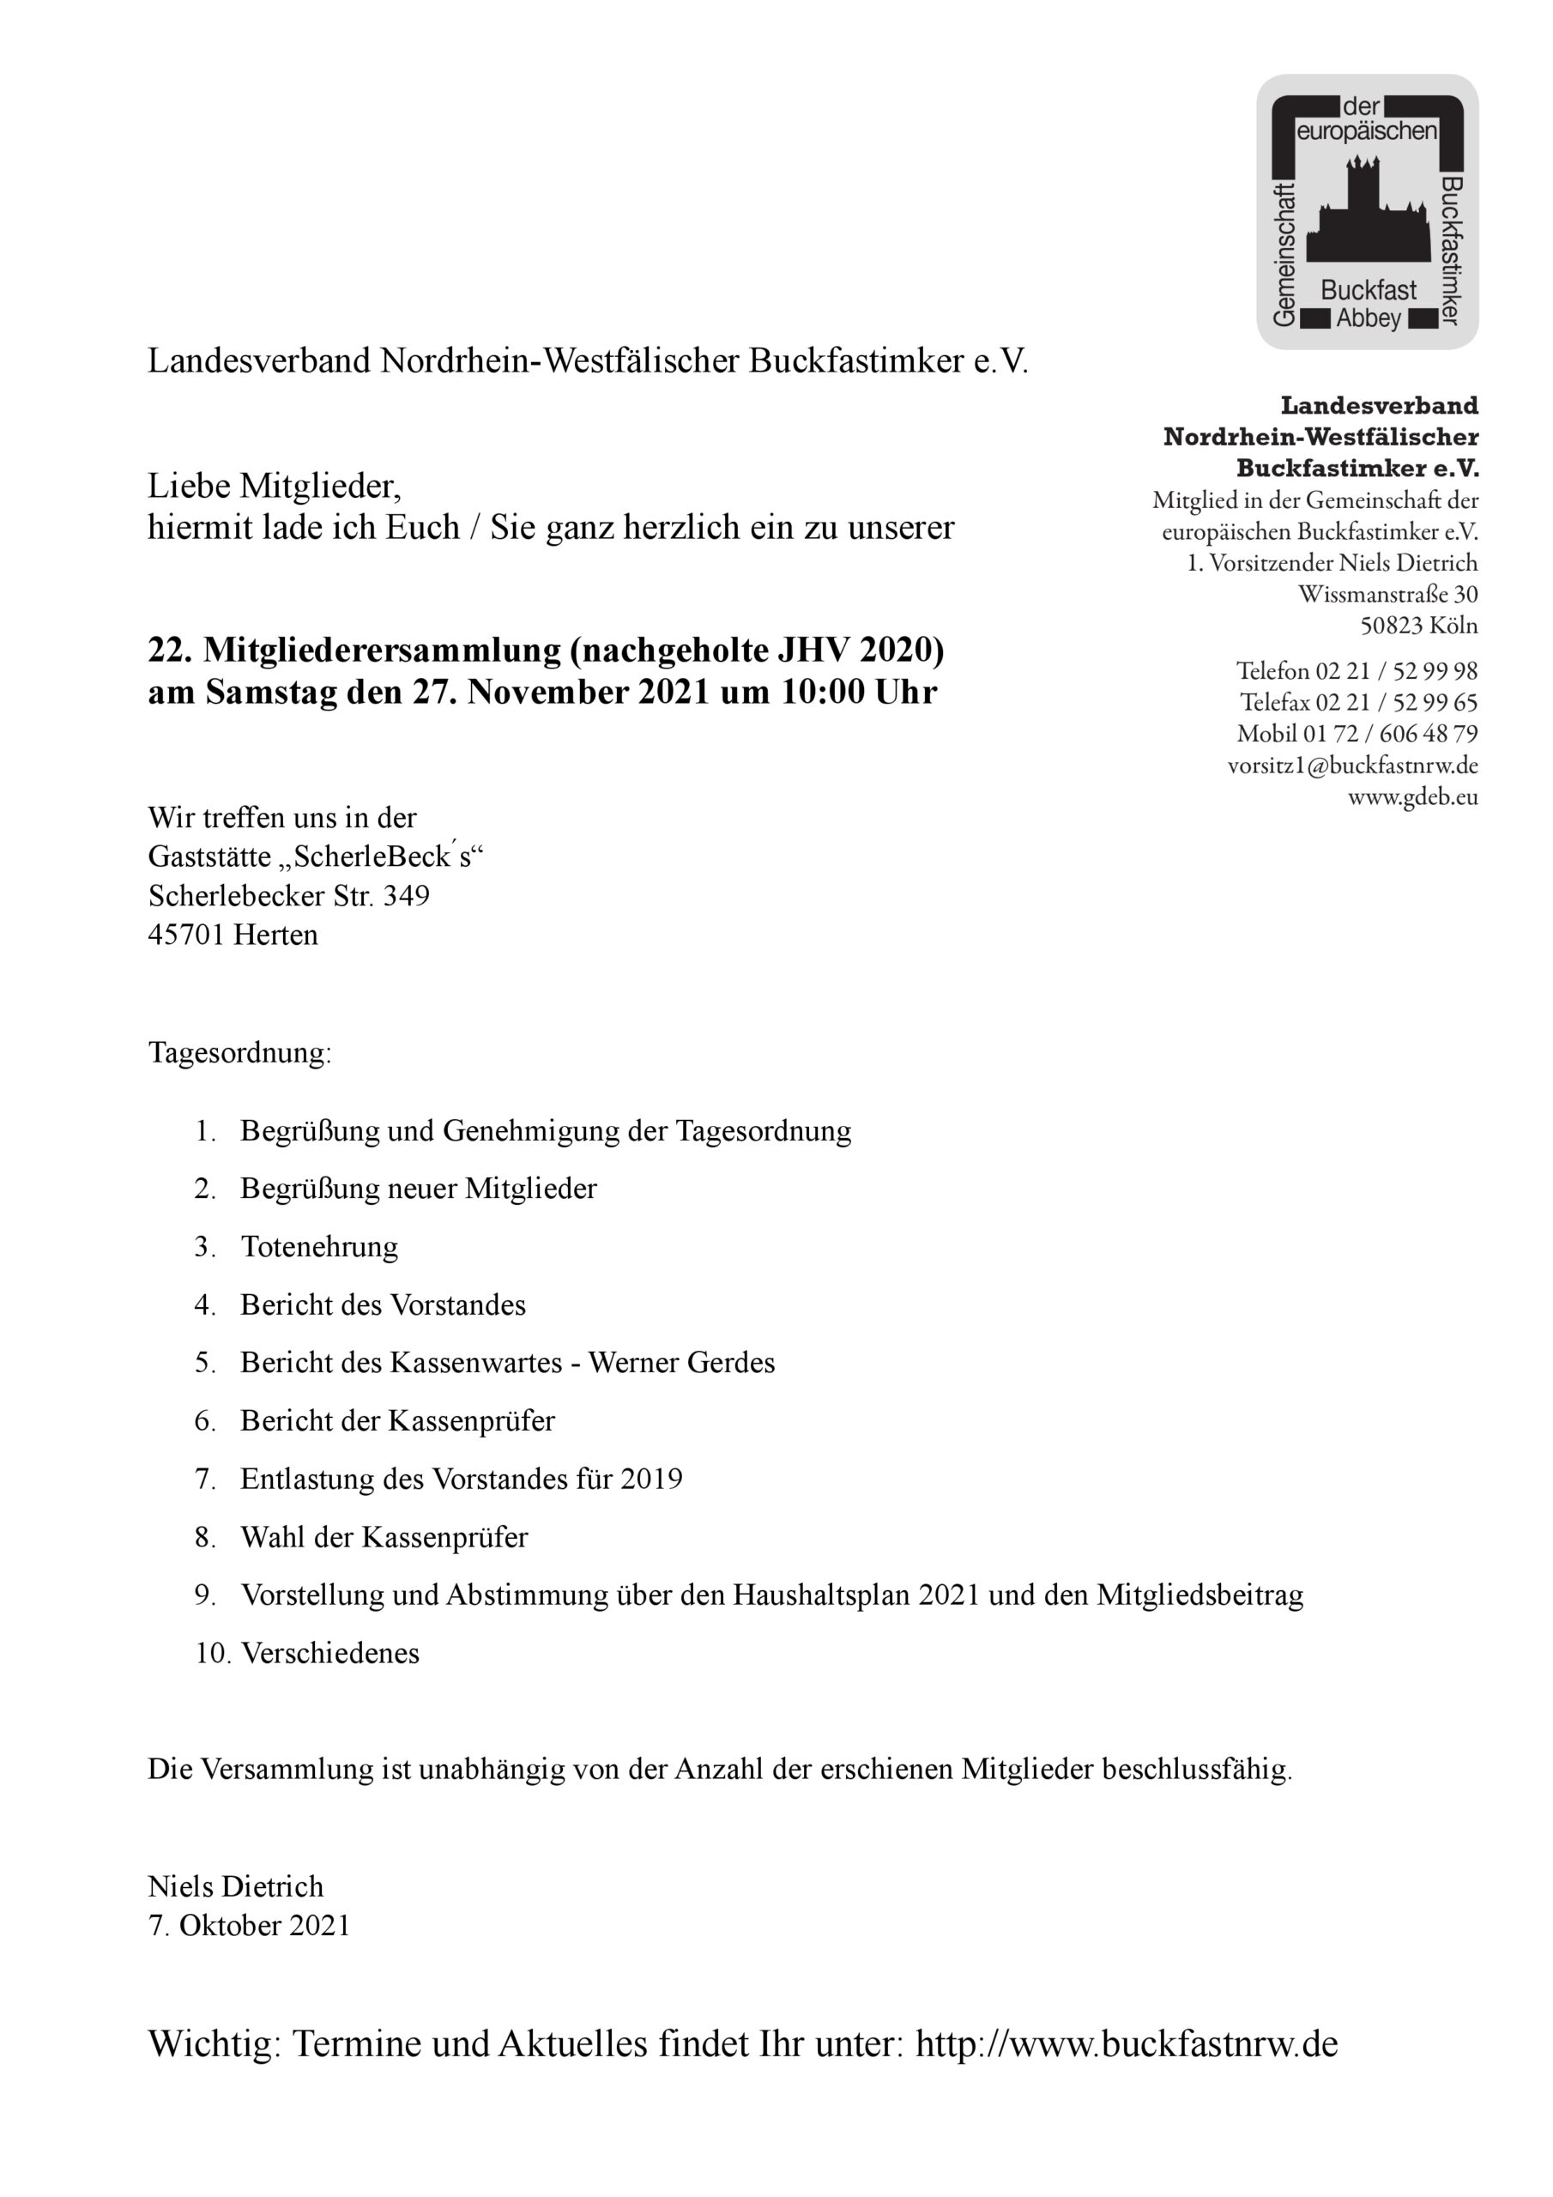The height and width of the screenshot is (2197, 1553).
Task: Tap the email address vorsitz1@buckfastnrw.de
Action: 1352,766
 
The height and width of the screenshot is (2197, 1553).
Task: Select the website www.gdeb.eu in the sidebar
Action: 1412,797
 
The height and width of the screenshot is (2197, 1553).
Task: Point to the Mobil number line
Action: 1357,734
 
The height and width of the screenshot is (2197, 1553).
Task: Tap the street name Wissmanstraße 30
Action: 1387,594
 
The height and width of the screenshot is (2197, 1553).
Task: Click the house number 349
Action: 407,896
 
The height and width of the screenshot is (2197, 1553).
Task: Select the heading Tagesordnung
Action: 239,1052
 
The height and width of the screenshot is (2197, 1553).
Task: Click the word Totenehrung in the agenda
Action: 319,1247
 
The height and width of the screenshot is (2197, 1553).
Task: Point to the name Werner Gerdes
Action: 681,1363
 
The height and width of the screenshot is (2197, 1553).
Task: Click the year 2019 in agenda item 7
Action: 650,1479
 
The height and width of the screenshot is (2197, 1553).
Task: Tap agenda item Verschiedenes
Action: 330,1654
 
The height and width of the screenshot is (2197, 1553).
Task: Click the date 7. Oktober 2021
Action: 249,1926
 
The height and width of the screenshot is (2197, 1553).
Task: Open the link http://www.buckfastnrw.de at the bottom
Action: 1127,2044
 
